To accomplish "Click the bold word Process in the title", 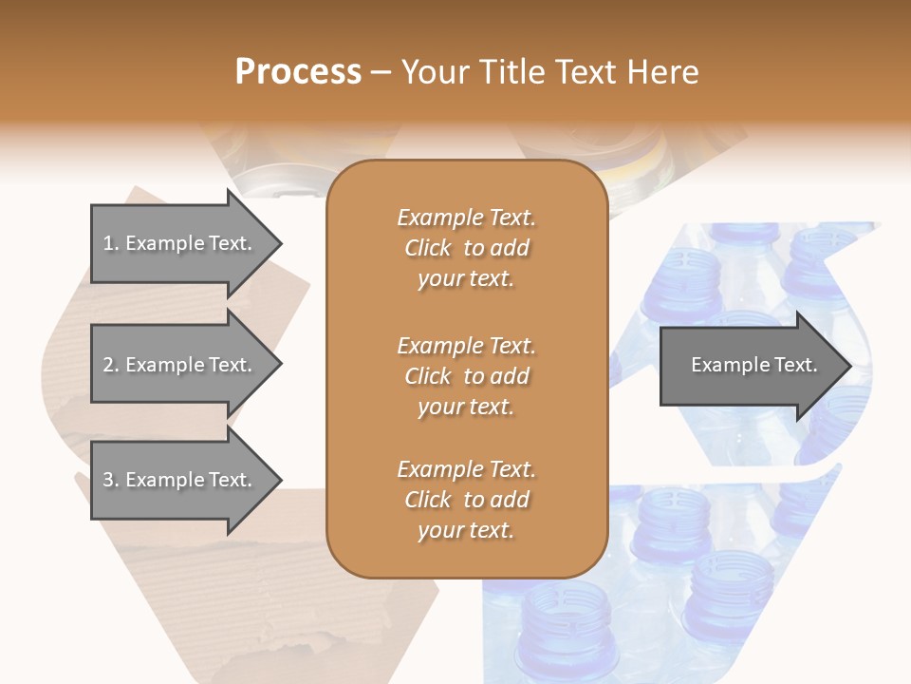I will pos(298,72).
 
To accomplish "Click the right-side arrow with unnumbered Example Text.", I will pos(750,365).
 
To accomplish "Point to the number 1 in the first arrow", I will pos(108,243).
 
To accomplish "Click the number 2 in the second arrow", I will pos(108,365).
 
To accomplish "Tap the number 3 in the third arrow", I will pos(108,480).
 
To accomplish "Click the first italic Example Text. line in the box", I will pos(466,218).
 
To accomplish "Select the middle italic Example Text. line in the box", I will pos(466,345).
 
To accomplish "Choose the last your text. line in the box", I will pos(466,531).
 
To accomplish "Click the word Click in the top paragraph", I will pos(428,248).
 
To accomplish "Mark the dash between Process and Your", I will pos(381,73).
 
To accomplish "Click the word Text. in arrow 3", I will pos(230,480).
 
